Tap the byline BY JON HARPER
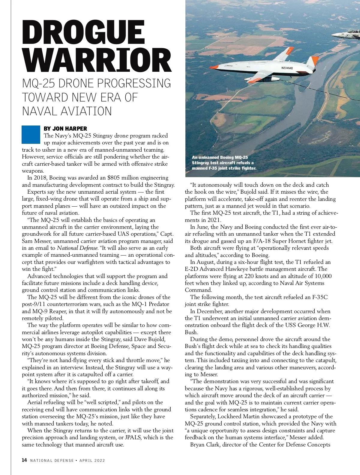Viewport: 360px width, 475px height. point(65,129)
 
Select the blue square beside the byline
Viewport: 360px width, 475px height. point(31,135)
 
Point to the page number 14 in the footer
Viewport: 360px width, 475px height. point(24,460)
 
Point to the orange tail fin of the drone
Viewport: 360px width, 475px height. point(313,62)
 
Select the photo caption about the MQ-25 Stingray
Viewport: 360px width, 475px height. point(224,163)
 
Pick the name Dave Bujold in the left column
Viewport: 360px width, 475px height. point(149,339)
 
